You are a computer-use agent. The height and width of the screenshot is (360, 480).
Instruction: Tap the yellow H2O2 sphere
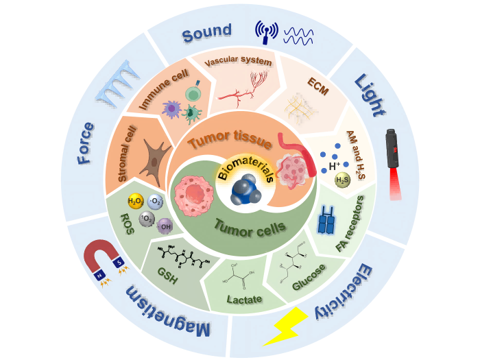135,202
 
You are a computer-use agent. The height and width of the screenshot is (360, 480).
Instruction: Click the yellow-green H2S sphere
341,180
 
